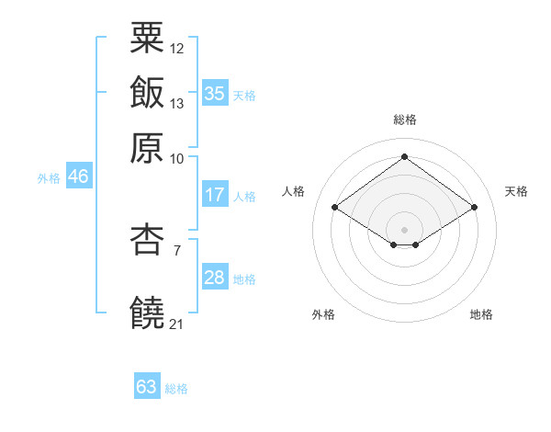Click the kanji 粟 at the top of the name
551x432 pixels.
(x=147, y=39)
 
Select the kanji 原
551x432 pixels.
(x=147, y=146)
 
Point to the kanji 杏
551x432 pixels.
(x=147, y=241)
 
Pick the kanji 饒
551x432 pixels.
(x=147, y=313)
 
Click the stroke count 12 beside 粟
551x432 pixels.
(x=177, y=48)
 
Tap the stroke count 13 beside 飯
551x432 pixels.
(x=177, y=103)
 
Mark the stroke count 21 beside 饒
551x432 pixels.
(x=177, y=324)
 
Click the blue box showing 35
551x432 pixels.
(x=215, y=93)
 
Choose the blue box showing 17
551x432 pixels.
(x=215, y=195)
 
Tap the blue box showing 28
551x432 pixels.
(x=215, y=278)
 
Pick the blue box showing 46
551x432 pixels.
(x=78, y=176)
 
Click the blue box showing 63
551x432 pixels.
(x=147, y=387)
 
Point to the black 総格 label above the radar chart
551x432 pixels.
(x=404, y=119)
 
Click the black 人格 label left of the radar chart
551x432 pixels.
(x=294, y=191)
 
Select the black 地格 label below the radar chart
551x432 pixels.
(x=481, y=314)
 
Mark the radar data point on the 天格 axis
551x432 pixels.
(x=475, y=208)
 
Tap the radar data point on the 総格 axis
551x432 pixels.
(x=404, y=156)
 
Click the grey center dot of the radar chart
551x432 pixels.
(x=404, y=229)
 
